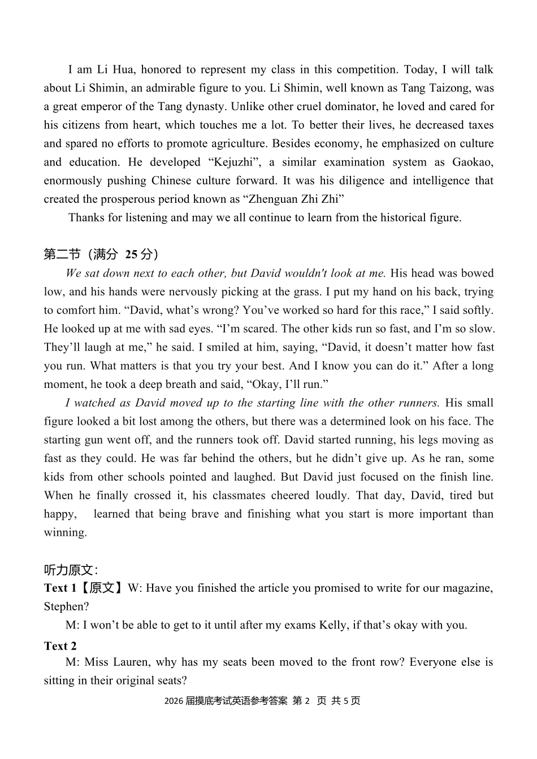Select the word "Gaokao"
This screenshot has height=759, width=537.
[473, 163]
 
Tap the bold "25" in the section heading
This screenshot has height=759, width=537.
[131, 255]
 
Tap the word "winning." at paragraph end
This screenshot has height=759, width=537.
[66, 533]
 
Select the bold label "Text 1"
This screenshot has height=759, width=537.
[60, 588]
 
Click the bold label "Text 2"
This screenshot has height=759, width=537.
[60, 647]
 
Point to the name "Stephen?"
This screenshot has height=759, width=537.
[66, 607]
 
